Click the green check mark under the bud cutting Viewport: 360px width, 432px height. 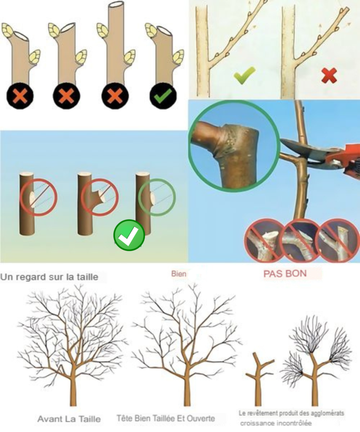(163, 96)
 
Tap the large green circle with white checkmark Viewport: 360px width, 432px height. (129, 235)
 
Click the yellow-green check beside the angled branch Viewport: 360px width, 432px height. (244, 75)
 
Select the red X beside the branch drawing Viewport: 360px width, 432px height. (329, 75)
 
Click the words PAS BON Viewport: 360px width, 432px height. (285, 273)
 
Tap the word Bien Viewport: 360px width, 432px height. (179, 274)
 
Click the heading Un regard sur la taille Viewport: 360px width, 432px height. (49, 277)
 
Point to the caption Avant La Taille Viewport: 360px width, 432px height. (69, 419)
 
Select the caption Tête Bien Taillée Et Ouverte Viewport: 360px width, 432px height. (166, 418)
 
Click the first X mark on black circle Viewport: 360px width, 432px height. (19, 96)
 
